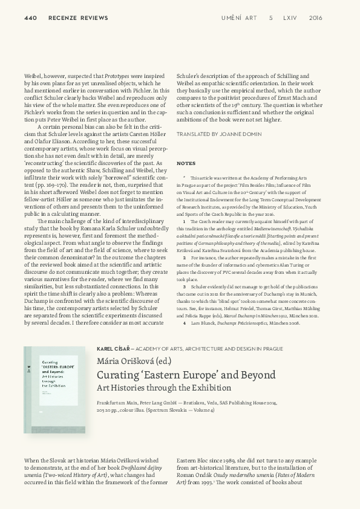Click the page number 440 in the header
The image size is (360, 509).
(x=30, y=18)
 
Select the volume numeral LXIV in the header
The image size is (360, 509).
(x=290, y=18)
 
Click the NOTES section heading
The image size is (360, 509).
(x=186, y=164)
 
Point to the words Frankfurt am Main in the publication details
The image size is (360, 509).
(x=117, y=403)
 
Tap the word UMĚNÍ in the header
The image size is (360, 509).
(x=232, y=18)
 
